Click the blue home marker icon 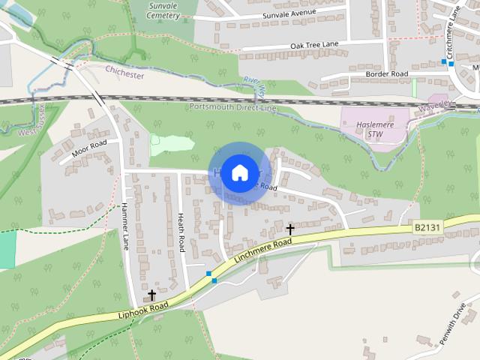[239, 172]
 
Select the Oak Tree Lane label [314, 46]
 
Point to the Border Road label [386, 74]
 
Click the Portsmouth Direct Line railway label [233, 109]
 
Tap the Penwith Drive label [451, 319]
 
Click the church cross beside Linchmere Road [290, 229]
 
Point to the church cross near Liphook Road [152, 295]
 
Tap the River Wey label [254, 88]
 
